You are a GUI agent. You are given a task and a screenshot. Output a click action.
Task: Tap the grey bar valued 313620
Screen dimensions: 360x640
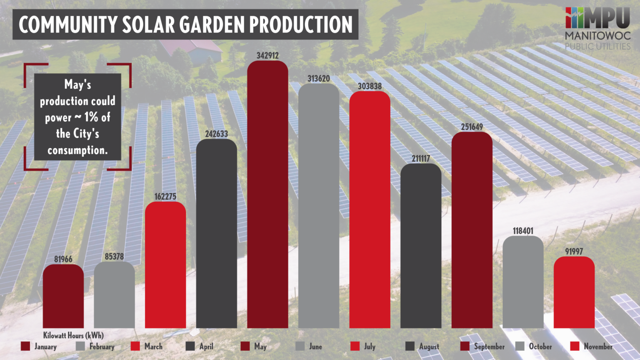(x=319, y=206)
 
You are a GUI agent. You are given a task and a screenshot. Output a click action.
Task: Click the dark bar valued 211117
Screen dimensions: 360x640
(x=421, y=246)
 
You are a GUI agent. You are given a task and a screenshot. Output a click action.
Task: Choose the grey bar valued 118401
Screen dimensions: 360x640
(x=523, y=282)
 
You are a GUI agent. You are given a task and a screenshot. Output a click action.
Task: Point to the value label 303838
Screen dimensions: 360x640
(x=370, y=86)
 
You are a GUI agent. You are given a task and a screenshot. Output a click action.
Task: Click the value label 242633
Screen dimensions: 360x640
(x=216, y=134)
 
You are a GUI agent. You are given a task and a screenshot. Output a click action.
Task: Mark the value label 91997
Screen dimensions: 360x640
(x=574, y=251)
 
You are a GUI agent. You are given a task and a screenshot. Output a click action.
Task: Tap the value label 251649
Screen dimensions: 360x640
(x=472, y=127)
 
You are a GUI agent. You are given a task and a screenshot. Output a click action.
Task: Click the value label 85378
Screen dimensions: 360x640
(x=114, y=257)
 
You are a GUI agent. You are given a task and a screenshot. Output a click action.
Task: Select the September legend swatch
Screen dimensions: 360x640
(x=465, y=346)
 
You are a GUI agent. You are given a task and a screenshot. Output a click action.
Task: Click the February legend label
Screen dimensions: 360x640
(x=102, y=346)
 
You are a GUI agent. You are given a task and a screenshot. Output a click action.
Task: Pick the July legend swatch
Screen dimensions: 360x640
(x=355, y=346)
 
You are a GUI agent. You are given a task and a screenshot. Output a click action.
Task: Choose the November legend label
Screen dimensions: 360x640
(x=598, y=346)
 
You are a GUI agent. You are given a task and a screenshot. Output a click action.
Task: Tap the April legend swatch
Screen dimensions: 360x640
(x=190, y=346)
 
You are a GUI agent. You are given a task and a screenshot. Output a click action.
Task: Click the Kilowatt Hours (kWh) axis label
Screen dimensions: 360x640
(x=73, y=335)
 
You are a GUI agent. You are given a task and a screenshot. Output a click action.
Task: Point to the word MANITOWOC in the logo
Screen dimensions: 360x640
(x=597, y=36)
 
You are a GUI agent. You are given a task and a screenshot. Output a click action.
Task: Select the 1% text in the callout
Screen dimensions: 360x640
(x=92, y=117)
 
